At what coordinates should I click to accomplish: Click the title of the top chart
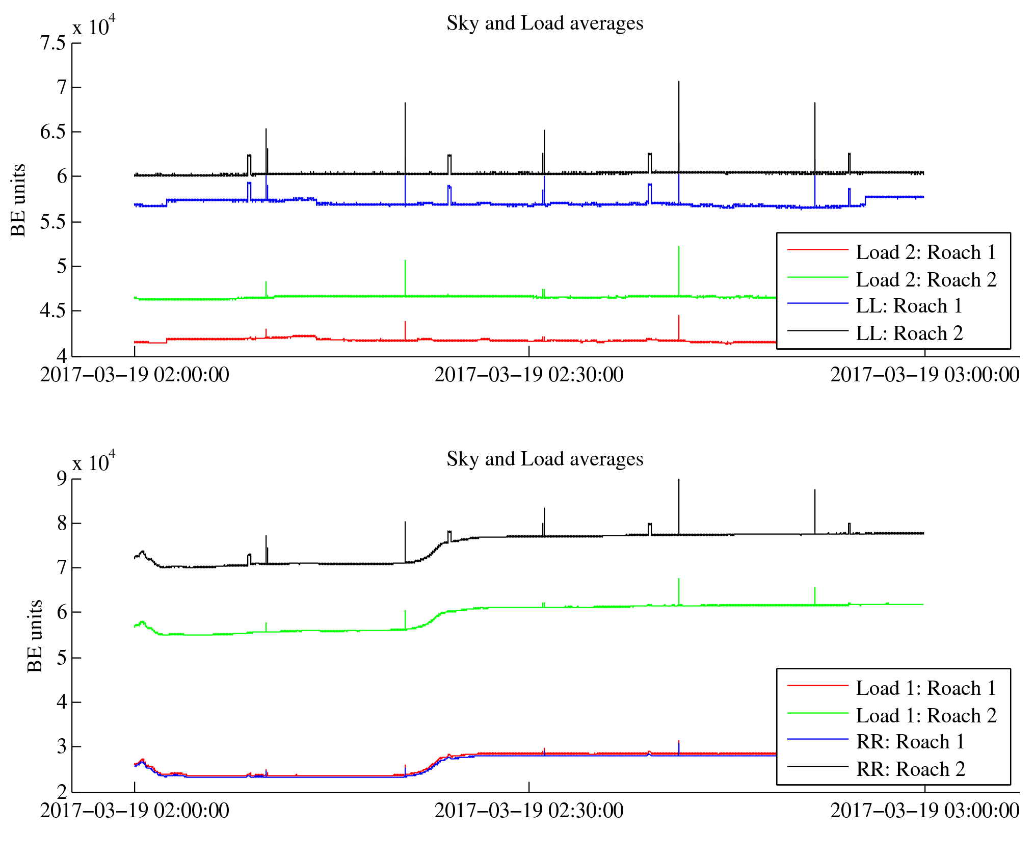(544, 23)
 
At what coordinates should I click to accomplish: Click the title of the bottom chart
(544, 459)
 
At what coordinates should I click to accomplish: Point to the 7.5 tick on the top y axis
(53, 43)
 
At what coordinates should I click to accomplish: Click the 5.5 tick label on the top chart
(53, 222)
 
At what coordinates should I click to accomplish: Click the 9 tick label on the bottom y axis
(62, 478)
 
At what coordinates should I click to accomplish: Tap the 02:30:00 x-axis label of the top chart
(528, 375)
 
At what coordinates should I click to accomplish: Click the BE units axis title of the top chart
(18, 200)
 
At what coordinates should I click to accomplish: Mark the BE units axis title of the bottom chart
(35, 636)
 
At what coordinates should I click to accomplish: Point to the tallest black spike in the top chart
(678, 83)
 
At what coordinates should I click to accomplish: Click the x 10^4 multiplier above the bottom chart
(94, 462)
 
